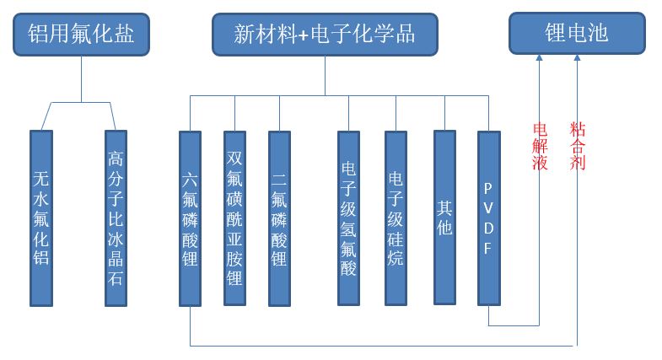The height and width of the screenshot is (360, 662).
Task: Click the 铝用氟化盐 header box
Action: pos(82,35)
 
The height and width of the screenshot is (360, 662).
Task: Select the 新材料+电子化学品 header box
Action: pos(325,35)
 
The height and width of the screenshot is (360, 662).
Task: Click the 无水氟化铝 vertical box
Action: pos(41,218)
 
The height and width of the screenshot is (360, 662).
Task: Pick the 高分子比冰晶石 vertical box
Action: pos(116,218)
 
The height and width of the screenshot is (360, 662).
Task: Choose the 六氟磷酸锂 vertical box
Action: pos(191,218)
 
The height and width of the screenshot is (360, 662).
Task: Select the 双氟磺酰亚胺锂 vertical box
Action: pos(234,218)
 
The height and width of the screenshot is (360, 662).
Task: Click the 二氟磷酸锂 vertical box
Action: pos(279,218)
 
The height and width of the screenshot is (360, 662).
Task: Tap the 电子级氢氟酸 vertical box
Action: pos(348,218)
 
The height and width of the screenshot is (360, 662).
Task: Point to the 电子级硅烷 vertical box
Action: pos(396,218)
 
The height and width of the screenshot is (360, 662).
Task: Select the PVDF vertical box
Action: pos(489,218)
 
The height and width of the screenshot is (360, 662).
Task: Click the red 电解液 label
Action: pos(540,147)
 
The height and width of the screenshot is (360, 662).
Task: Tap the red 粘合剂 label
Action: pos(578,147)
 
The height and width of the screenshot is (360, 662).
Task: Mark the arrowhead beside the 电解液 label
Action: pos(540,57)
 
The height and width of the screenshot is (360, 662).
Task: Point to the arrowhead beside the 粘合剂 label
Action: pos(577,57)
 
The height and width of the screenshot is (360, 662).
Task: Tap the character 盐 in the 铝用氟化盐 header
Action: pos(125,35)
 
